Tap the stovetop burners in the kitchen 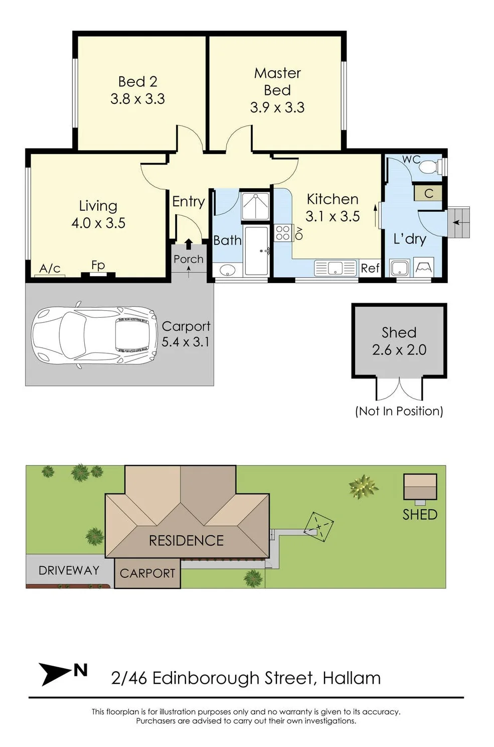pos(283,233)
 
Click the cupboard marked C pos(428,193)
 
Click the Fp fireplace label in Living pos(98,265)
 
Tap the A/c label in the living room pos(50,269)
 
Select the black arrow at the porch pos(189,244)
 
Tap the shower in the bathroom pos(255,206)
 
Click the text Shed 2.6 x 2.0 pos(399,341)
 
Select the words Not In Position pos(399,411)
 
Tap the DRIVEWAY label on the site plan pos(69,570)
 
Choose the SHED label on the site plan pos(420,515)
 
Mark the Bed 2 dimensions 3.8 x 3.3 pos(137,99)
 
